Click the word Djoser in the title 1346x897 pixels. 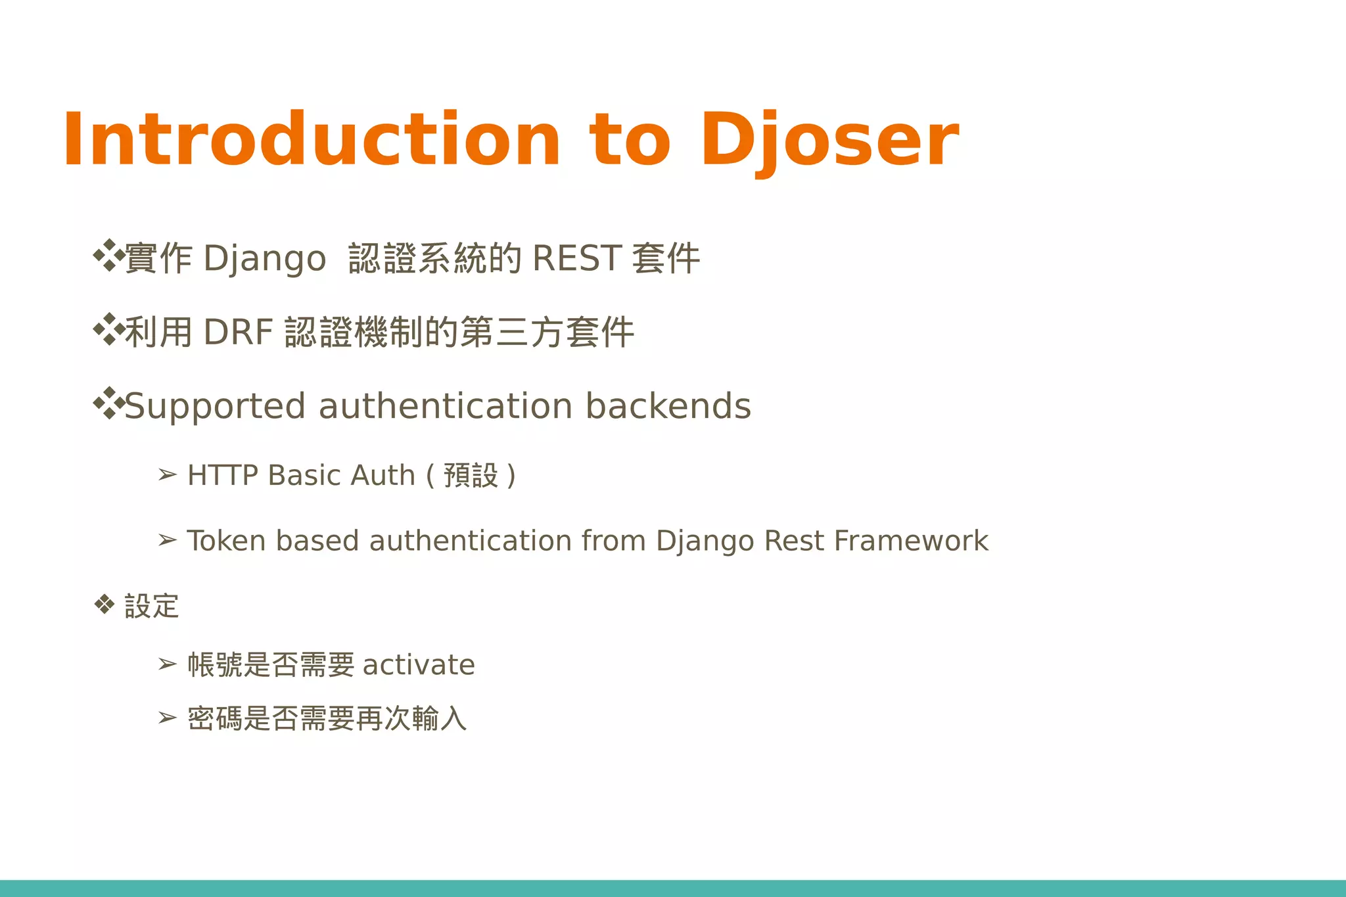[829, 140]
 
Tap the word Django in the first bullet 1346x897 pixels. [264, 258]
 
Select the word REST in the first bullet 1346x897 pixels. [576, 258]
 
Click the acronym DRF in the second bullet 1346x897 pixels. [238, 332]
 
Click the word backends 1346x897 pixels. [668, 406]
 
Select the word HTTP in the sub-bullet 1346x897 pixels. [222, 475]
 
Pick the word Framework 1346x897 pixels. [911, 541]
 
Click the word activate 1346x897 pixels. [419, 665]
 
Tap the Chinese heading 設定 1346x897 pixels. [151, 606]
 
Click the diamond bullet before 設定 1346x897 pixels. [104, 604]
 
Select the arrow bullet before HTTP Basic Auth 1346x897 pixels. [168, 474]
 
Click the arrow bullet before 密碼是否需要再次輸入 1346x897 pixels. [168, 718]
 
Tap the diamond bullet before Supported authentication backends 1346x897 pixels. [108, 403]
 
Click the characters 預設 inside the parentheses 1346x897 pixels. [471, 475]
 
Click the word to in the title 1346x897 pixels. [630, 140]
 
